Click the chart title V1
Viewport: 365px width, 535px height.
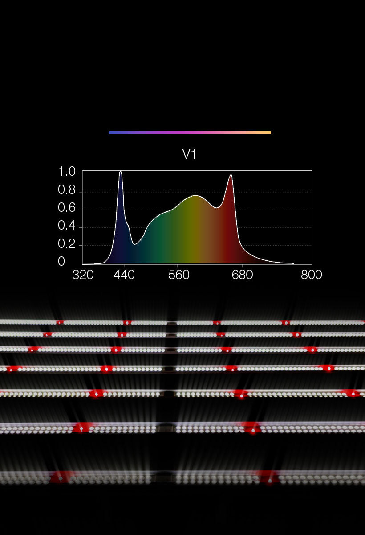click(189, 155)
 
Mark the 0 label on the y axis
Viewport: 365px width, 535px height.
click(61, 262)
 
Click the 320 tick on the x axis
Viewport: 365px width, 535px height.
click(83, 275)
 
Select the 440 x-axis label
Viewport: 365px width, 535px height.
click(124, 275)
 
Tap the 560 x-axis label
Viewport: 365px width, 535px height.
click(179, 275)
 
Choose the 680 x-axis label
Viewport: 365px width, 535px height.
click(242, 275)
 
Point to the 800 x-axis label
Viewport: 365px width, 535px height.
click(311, 275)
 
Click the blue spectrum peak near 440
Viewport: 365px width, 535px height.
click(120, 172)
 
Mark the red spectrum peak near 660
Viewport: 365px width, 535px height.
click(231, 175)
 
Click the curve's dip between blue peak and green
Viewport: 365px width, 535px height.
click(135, 244)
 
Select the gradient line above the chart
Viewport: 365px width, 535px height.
click(190, 132)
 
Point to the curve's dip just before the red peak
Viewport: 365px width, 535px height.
click(217, 208)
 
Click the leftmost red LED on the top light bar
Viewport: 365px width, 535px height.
click(60, 322)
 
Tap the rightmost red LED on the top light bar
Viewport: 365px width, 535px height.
click(285, 322)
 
